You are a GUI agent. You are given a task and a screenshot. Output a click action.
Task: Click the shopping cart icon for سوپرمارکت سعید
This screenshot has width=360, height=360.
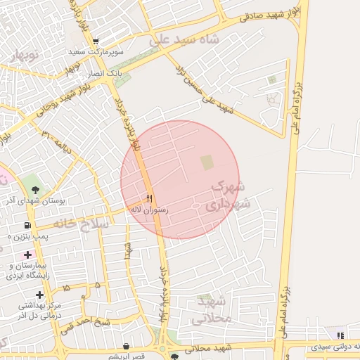point(96,42)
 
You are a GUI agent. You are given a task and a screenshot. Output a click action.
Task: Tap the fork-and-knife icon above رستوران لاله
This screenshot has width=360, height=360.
point(149,198)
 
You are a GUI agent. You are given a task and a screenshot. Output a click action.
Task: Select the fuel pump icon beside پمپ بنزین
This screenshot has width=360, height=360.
point(27,225)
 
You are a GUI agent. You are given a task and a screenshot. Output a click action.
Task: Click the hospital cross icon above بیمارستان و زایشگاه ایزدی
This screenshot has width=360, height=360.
point(27,255)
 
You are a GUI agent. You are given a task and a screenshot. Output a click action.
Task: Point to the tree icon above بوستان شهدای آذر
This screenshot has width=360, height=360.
point(34,188)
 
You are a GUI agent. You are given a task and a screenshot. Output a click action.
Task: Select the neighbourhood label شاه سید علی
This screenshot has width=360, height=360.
point(184,41)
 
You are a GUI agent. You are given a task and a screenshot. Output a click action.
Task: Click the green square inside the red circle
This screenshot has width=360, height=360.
point(207,162)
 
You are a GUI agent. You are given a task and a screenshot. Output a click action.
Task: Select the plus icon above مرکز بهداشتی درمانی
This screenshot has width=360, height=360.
point(39,295)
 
